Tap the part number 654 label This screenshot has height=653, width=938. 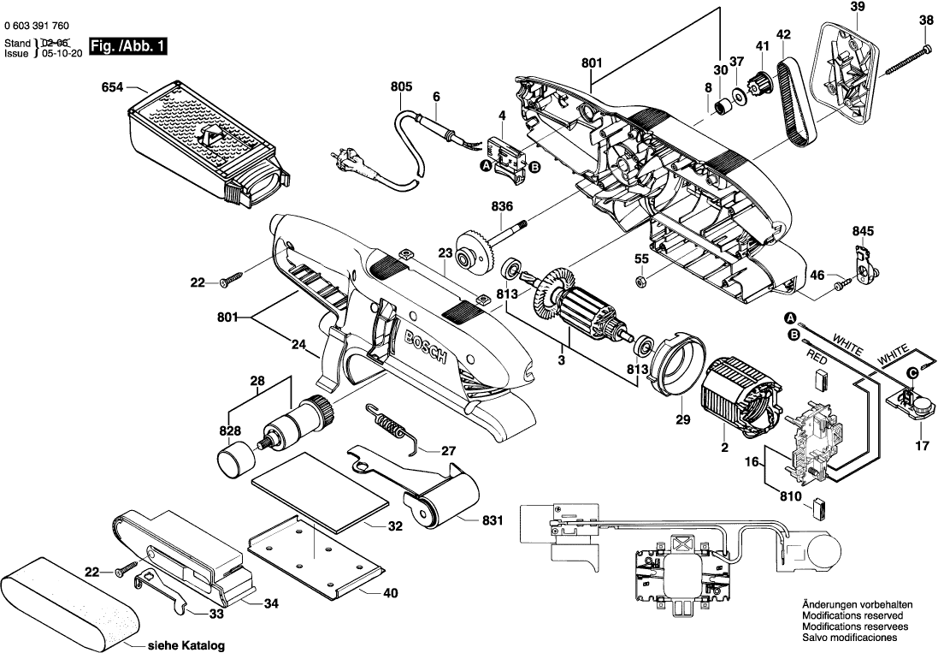tap(113, 87)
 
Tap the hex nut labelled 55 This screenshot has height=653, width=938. tap(640, 280)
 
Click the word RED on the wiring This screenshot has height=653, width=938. tap(817, 360)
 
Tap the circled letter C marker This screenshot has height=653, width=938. tap(913, 373)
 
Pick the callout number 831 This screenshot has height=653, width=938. tap(493, 520)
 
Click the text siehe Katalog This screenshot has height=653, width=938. tap(186, 646)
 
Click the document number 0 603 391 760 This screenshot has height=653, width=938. tap(36, 26)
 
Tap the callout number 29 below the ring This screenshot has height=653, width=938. tap(683, 419)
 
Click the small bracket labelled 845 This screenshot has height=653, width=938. tap(864, 264)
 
